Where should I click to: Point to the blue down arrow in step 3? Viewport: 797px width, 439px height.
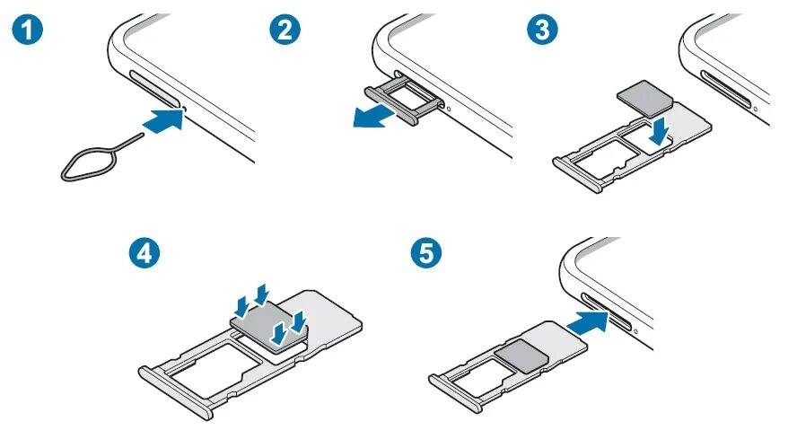(661, 131)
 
